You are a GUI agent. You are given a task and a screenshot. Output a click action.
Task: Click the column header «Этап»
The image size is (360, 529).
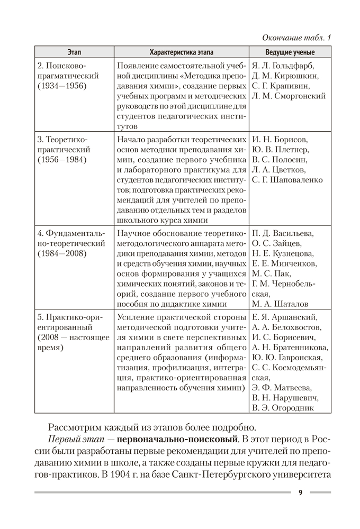75,52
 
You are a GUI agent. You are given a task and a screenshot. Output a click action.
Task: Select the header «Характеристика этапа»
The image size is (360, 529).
182,52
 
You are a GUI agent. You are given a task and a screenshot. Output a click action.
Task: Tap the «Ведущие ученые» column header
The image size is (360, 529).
290,52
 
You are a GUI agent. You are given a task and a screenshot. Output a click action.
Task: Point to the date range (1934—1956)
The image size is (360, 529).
62,86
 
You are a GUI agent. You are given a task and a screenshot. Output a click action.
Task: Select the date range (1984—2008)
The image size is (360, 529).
62,253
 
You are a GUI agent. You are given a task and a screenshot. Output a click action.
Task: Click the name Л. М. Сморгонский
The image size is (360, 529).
289,96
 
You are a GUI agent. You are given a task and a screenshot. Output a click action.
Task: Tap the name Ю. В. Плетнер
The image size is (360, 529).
281,150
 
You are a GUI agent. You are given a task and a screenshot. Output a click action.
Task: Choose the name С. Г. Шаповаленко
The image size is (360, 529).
287,180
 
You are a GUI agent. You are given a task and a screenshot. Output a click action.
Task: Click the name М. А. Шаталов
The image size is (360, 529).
281,304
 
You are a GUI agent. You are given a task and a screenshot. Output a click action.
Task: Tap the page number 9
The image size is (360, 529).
300,492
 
